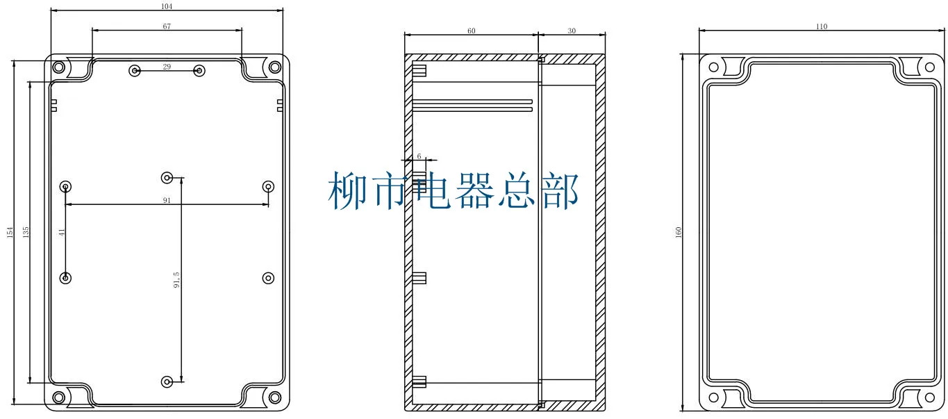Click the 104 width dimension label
click(166, 6)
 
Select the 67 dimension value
click(167, 26)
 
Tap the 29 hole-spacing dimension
click(167, 67)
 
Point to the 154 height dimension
click(10, 232)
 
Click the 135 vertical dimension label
click(26, 232)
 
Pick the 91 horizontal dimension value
click(167, 200)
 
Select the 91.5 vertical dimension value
click(178, 279)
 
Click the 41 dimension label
click(62, 232)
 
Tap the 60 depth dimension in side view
click(472, 31)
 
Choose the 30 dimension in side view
click(572, 31)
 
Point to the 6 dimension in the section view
click(419, 156)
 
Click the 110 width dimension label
click(822, 26)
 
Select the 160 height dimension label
click(678, 232)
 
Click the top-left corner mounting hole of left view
click(59, 67)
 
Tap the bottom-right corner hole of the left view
click(275, 397)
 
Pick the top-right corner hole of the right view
click(929, 67)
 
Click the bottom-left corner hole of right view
click(713, 398)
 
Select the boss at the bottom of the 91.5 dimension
click(167, 381)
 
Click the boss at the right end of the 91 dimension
click(269, 186)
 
